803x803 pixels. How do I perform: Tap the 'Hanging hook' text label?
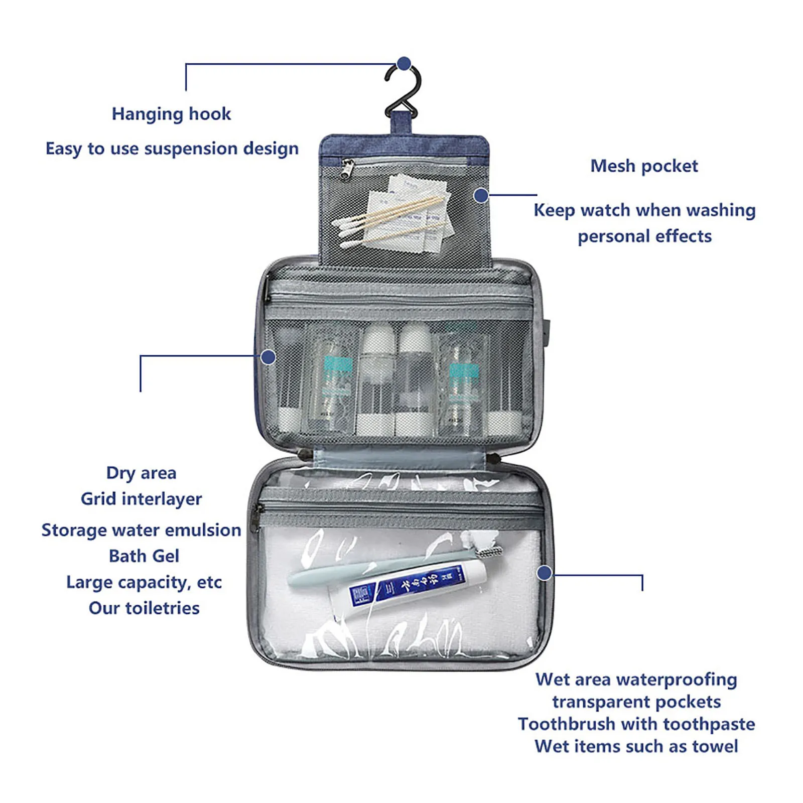pos(171,114)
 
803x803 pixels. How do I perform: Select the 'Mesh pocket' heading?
pos(644,166)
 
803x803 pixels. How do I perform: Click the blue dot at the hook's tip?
pos(404,64)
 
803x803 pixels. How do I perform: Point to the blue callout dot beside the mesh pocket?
pos(481,195)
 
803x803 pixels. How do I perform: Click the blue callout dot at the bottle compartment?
pos(268,357)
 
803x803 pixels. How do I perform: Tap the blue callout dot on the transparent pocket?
pos(544,573)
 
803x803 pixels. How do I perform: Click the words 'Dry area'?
pos(141,473)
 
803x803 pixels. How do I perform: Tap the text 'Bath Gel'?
pos(144,556)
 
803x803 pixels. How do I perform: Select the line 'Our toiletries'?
pos(144,608)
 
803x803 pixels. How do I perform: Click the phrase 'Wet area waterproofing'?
pos(636,680)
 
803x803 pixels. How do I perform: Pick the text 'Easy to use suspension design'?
pos(172,149)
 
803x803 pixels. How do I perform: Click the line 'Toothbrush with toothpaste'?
pos(636,724)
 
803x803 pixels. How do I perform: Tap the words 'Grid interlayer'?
pos(141,499)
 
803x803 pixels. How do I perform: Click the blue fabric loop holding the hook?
pos(401,123)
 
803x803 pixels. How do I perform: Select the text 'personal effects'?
pos(644,236)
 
